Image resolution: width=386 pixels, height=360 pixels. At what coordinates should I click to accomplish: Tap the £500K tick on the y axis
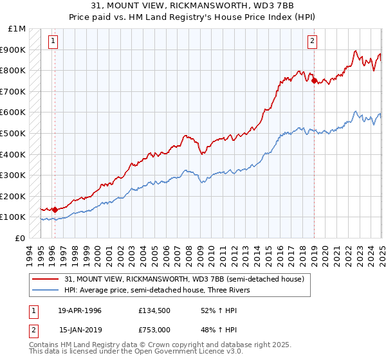(13, 133)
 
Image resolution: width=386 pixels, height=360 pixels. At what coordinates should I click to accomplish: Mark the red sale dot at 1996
(55, 209)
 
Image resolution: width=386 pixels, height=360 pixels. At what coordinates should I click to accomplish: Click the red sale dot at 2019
(314, 80)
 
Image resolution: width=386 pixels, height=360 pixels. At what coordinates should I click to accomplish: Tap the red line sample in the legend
(46, 279)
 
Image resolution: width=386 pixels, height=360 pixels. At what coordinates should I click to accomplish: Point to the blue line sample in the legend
(46, 290)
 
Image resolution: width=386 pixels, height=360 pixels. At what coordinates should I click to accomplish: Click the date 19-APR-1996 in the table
(80, 310)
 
